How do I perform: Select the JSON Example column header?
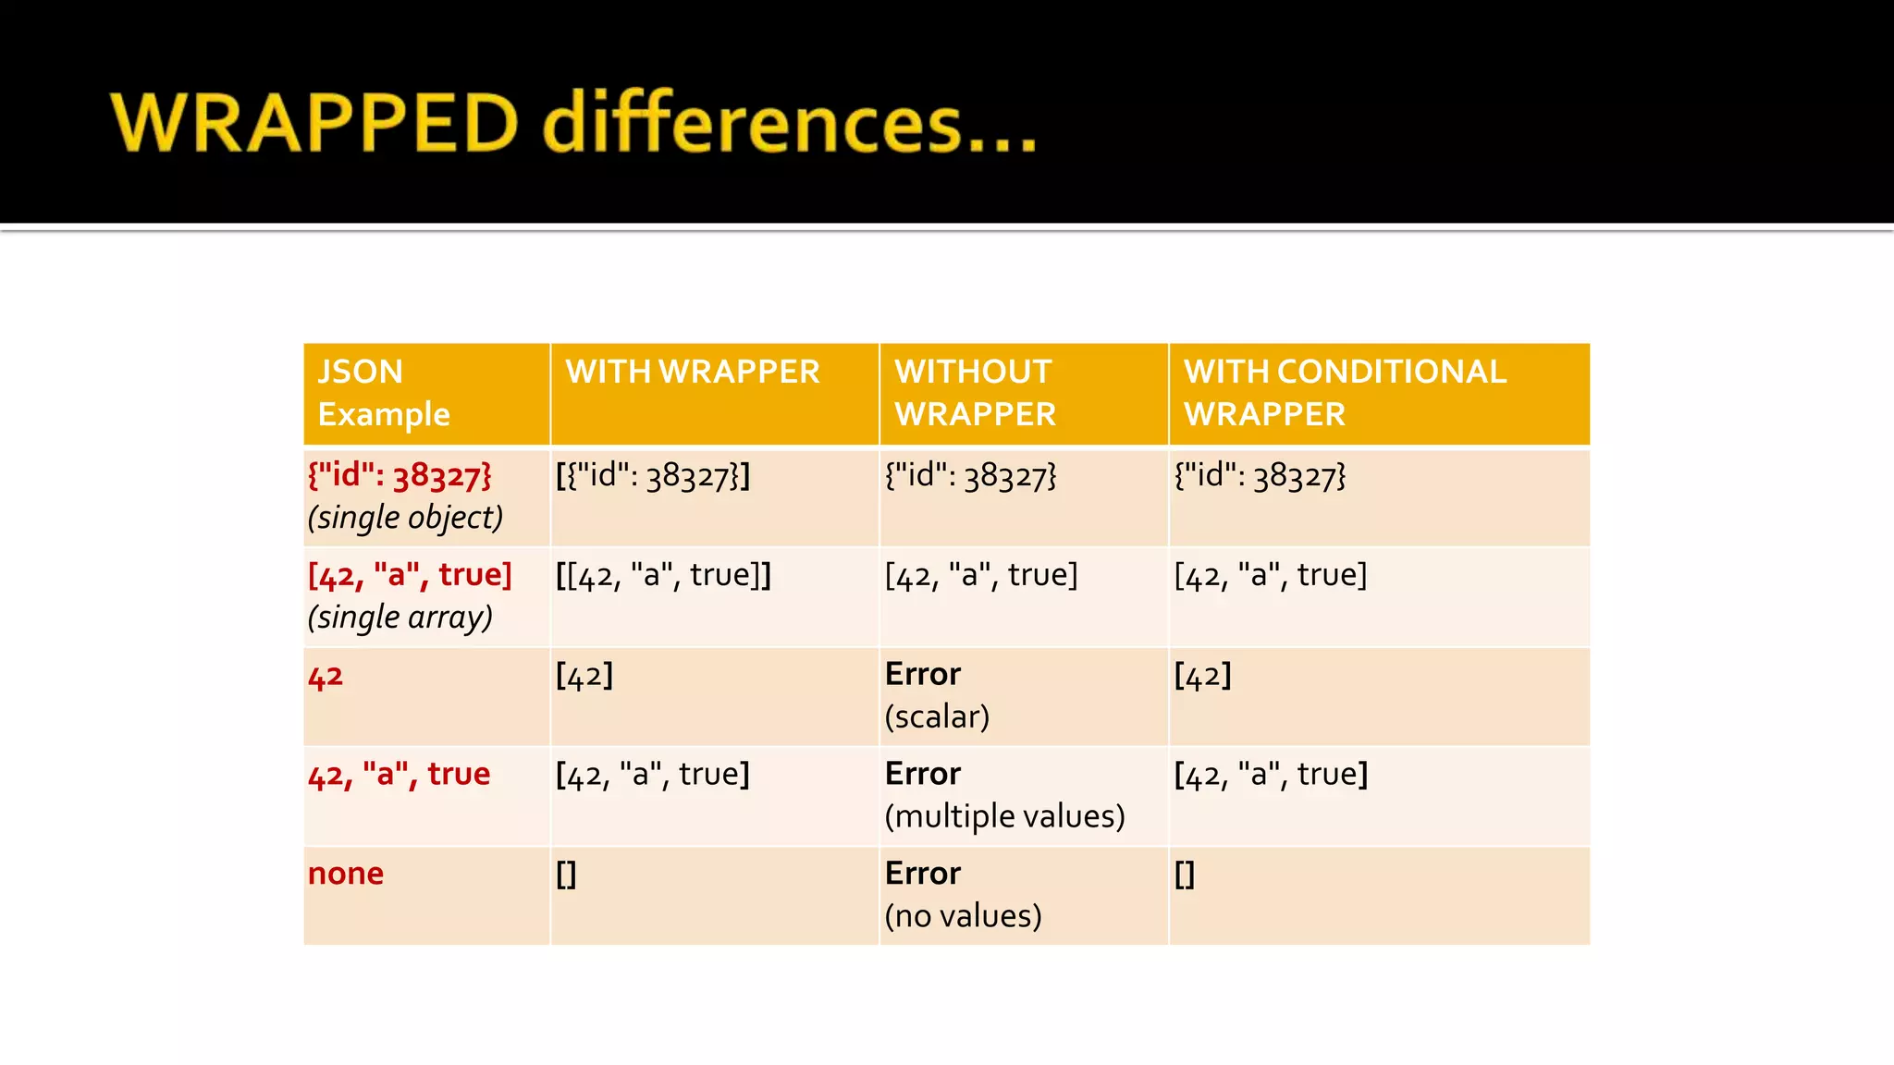(383, 393)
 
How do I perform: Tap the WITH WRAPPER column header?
(693, 372)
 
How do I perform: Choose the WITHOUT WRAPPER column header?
(975, 393)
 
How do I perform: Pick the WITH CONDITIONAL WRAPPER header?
(1345, 393)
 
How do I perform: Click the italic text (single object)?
(405, 518)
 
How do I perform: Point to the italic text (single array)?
(400, 617)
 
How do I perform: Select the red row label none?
(345, 874)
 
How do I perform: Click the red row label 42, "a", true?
(399, 774)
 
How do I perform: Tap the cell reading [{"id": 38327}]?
(653, 476)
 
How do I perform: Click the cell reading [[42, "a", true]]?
(663, 575)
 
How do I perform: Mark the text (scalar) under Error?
(937, 716)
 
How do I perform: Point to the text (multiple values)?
(1004, 816)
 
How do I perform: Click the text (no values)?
(963, 916)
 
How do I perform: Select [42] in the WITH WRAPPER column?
(584, 675)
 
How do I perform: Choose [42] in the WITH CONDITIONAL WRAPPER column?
(1202, 675)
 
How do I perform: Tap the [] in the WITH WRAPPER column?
(566, 874)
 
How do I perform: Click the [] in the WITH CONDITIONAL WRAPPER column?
(1185, 874)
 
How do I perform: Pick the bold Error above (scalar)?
(922, 674)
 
